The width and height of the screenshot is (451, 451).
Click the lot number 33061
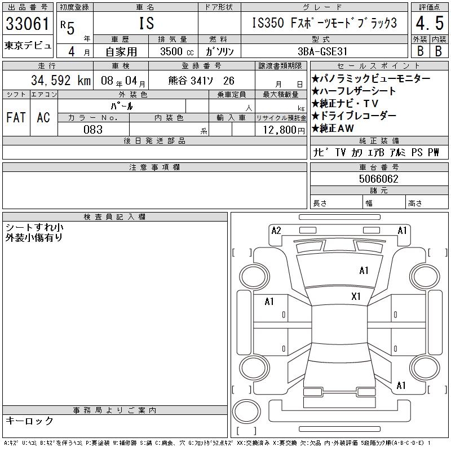click(28, 24)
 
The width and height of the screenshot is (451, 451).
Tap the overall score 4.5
click(430, 23)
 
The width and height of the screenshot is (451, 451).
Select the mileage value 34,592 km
click(61, 81)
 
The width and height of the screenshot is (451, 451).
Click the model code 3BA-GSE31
click(322, 51)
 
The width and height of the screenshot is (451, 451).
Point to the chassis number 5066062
click(378, 179)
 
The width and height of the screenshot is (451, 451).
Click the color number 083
click(93, 130)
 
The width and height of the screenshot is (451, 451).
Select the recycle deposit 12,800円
click(284, 130)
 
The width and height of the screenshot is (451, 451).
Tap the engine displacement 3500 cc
click(177, 51)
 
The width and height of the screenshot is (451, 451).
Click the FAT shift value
click(16, 117)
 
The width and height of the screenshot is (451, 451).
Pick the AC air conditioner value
click(43, 117)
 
